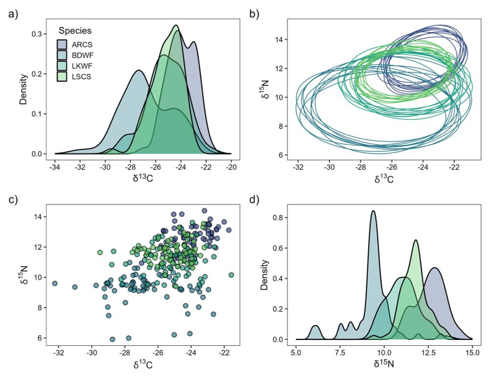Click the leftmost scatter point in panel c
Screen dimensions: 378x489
pyautogui.click(x=55, y=284)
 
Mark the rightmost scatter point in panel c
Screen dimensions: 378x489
pyautogui.click(x=231, y=275)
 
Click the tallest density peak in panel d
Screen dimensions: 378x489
pyautogui.click(x=374, y=211)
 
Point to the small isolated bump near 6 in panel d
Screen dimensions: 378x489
pyautogui.click(x=316, y=326)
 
